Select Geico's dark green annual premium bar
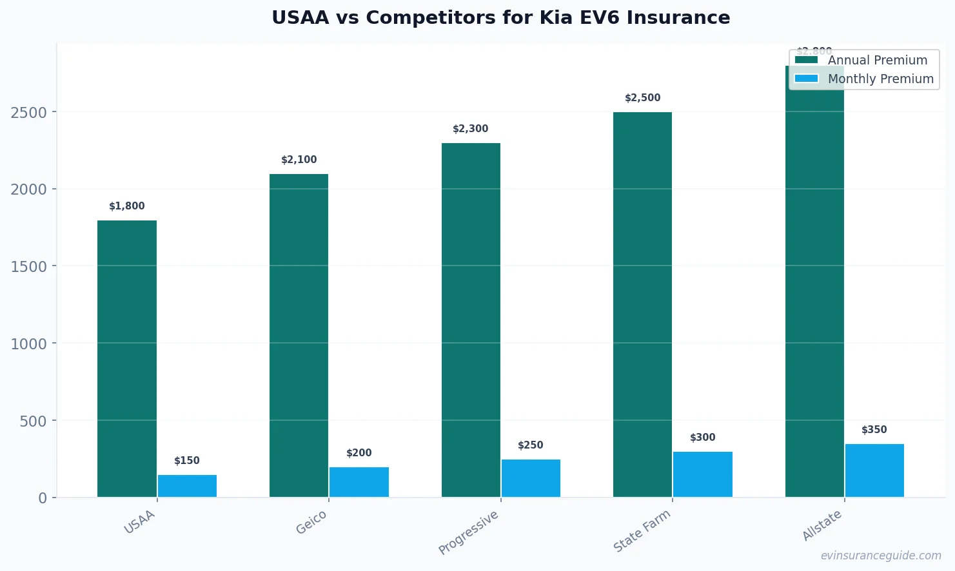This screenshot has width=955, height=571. [x=299, y=335]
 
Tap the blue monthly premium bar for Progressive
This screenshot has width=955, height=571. [x=531, y=478]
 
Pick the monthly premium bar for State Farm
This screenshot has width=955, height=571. [x=702, y=474]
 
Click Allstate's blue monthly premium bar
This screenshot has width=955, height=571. [x=874, y=470]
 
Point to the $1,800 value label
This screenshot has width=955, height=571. [x=127, y=206]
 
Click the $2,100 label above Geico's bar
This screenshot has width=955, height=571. [x=299, y=160]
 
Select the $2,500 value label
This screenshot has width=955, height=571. [x=642, y=98]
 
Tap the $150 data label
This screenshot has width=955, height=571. [x=187, y=461]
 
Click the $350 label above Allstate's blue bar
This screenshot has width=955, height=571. [x=874, y=430]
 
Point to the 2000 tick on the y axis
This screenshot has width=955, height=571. [x=29, y=189]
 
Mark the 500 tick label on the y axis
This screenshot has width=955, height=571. [x=34, y=421]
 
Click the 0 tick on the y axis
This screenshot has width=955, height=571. [x=43, y=498]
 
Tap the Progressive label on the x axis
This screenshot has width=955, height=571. [x=469, y=532]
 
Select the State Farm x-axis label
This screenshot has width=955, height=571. [x=642, y=531]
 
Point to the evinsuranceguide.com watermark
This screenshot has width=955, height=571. [x=881, y=556]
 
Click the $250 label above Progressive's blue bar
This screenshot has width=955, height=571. [x=531, y=445]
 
